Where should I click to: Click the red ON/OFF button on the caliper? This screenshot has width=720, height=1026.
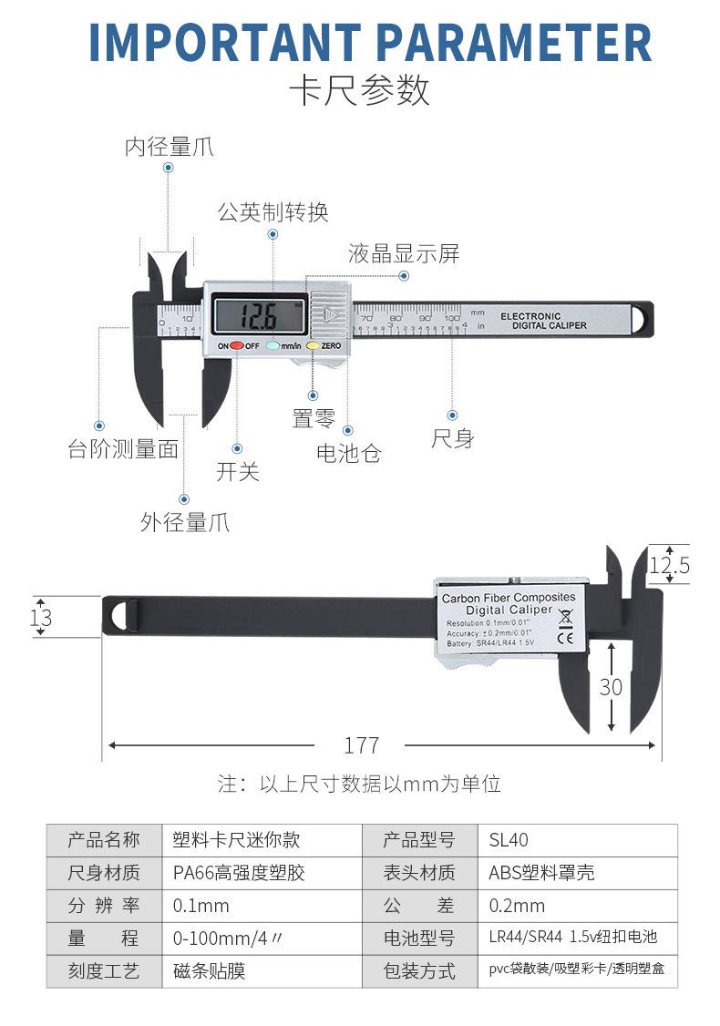coord(236,346)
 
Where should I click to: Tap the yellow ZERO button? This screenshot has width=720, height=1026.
coord(312,346)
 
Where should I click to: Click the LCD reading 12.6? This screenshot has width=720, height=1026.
coord(258,317)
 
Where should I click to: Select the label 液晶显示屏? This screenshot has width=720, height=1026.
coord(404,253)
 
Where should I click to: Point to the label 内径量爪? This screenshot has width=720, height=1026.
coord(170,147)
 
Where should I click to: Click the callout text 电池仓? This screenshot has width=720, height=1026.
coord(348,452)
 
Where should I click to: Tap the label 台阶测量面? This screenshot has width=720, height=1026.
coord(123,448)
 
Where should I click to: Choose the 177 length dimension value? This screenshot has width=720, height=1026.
coord(361,745)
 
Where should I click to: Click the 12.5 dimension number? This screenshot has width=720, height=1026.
coord(669,566)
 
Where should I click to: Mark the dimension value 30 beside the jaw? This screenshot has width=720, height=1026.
coord(611,686)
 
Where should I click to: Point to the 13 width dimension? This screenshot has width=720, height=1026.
coord(41,618)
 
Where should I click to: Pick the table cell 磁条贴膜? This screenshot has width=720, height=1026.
coord(210,971)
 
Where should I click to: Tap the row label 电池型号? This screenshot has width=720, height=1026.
coord(419,939)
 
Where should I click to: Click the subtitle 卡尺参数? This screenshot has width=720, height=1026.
coord(359,91)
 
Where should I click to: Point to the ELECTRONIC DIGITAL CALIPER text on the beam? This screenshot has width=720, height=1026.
coord(543,321)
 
